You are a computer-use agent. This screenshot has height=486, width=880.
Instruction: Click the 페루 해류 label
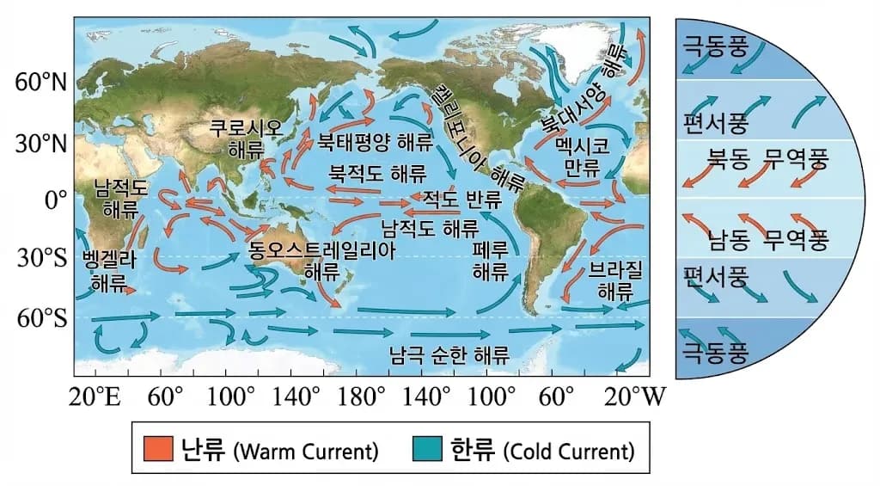click(x=492, y=261)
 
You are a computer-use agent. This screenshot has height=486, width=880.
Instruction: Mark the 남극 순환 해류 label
click(x=449, y=354)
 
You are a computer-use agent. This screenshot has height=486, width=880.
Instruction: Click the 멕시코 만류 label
click(x=582, y=156)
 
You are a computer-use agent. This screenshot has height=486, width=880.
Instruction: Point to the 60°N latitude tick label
click(x=41, y=83)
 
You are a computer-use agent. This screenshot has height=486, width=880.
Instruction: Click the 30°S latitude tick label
click(x=41, y=257)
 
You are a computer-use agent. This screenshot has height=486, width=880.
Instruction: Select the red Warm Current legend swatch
click(x=159, y=449)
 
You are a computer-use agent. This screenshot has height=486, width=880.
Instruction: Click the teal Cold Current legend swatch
click(x=427, y=449)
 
